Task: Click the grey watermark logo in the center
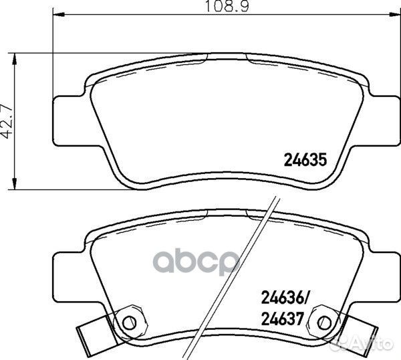tap(201, 262)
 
